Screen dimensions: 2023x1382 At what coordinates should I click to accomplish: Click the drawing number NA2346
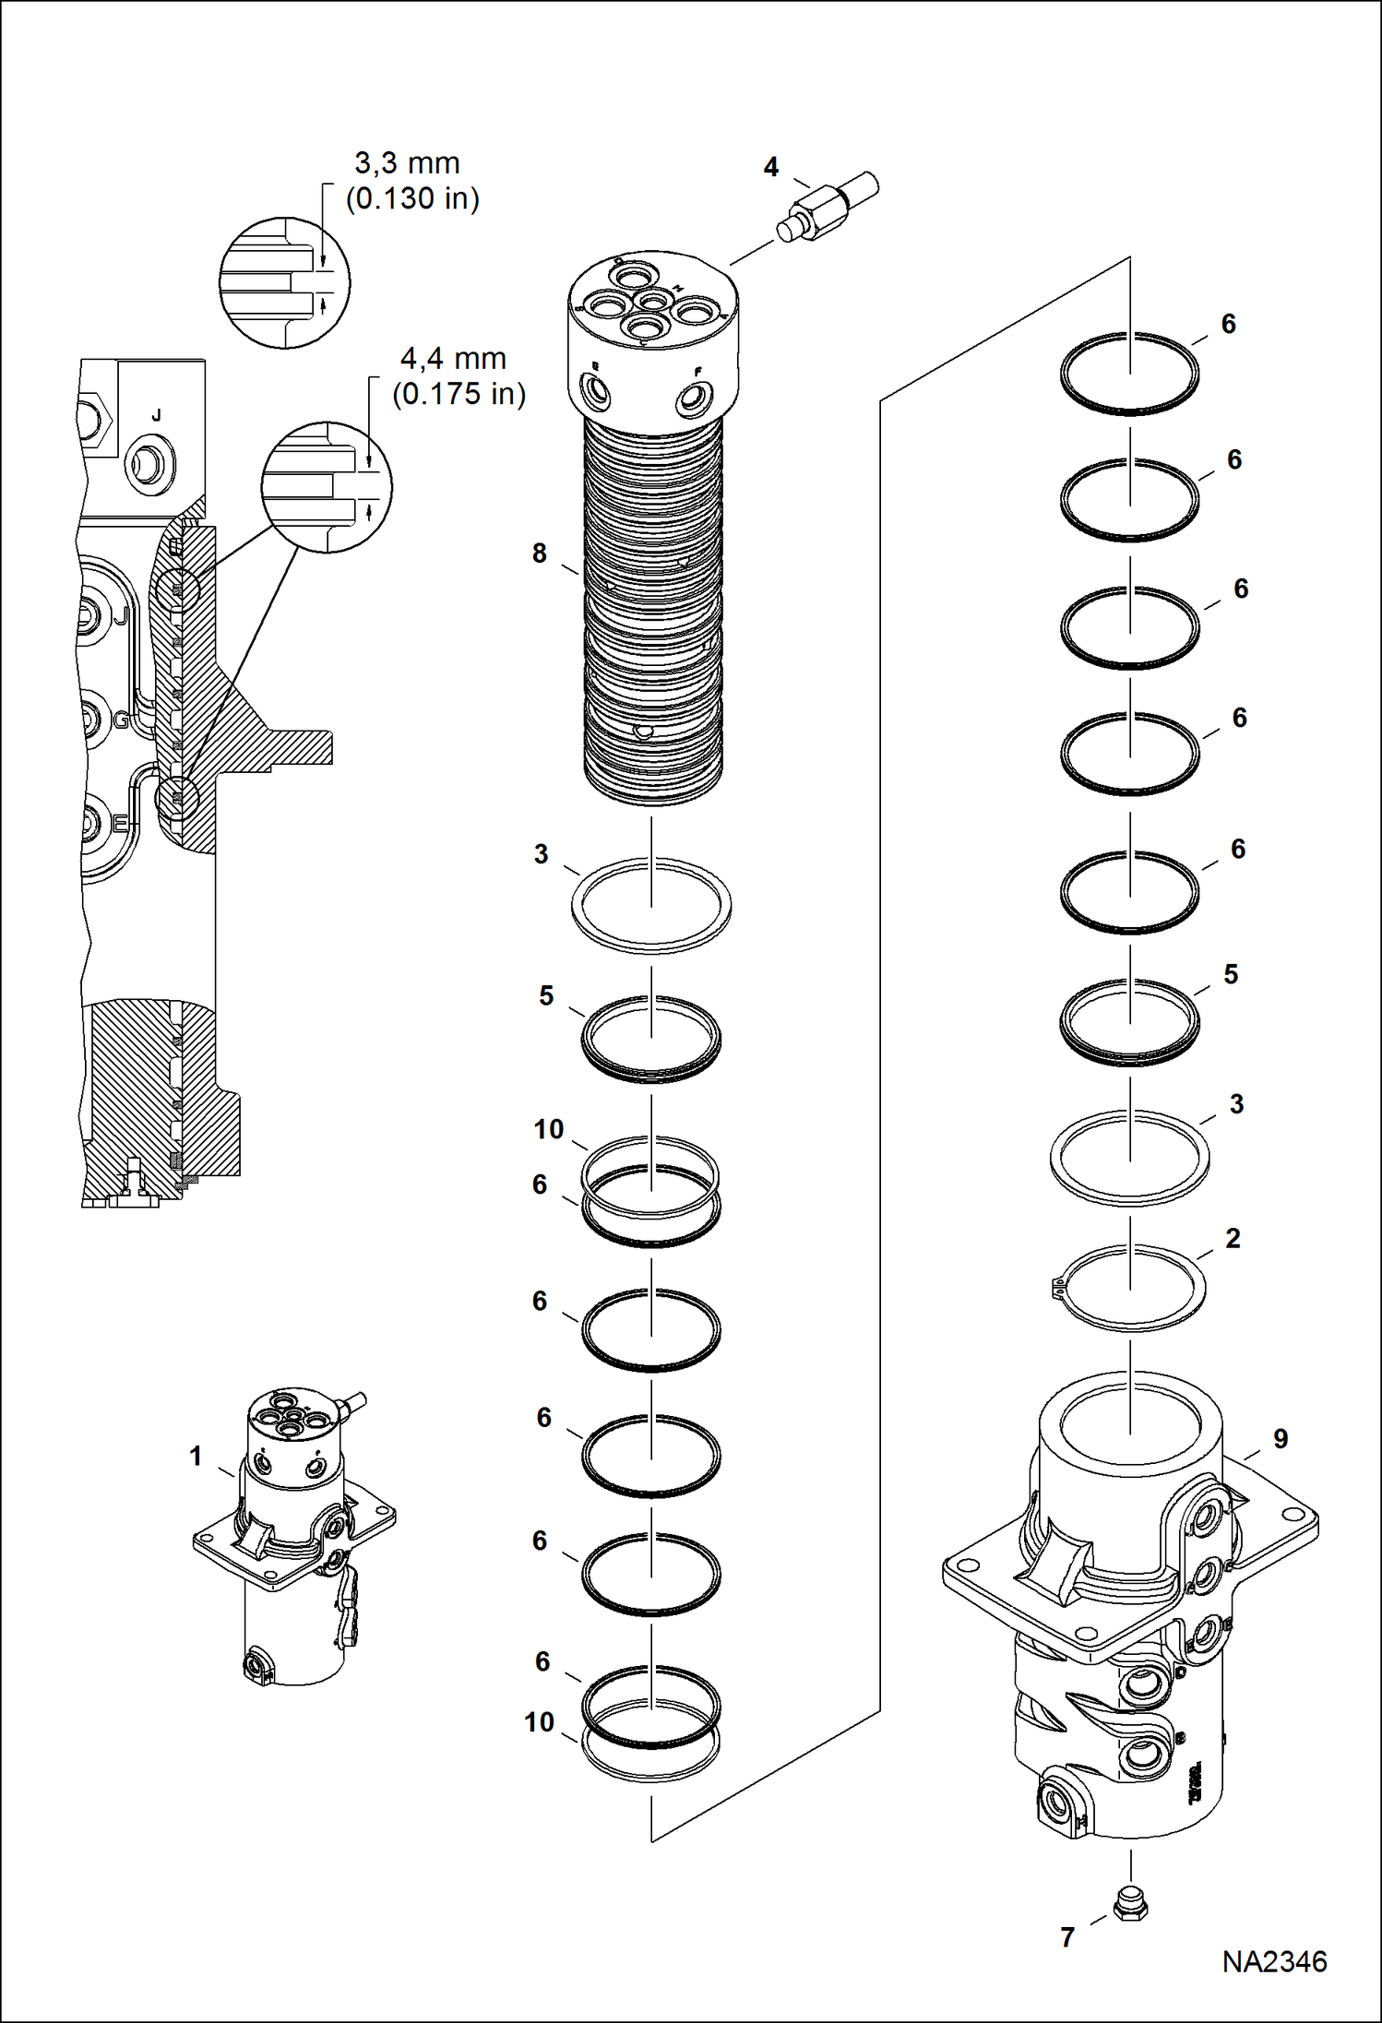(1274, 1961)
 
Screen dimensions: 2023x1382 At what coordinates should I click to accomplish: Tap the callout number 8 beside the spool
(540, 553)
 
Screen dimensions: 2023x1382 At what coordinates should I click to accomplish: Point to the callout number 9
(1281, 1439)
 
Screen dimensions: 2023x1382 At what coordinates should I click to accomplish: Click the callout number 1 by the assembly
(196, 1456)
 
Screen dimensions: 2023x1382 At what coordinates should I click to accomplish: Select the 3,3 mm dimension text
(407, 163)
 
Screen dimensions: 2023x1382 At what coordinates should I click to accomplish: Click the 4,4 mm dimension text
(453, 359)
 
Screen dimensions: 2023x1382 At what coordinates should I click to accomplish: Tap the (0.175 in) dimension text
(459, 394)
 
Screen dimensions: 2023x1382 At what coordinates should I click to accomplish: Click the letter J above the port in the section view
(157, 416)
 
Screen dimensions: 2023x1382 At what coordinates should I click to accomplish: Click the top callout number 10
(549, 1129)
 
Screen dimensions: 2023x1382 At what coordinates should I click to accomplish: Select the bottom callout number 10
(540, 1721)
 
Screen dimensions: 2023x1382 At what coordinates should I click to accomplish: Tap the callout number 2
(1233, 1239)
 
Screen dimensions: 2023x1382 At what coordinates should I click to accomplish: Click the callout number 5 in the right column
(1231, 974)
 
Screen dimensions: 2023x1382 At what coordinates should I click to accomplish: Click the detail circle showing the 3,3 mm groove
(285, 282)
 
